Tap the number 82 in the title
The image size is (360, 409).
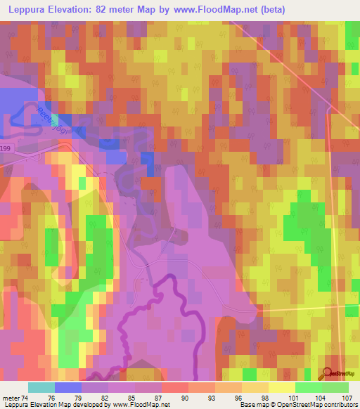click(118, 11)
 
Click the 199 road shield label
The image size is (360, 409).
click(6, 148)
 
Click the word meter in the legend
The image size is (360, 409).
click(12, 397)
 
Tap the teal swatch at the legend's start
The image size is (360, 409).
click(41, 387)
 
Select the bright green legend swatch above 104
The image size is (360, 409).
click(308, 387)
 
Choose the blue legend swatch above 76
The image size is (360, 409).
click(68, 387)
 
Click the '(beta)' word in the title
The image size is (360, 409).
click(271, 11)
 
